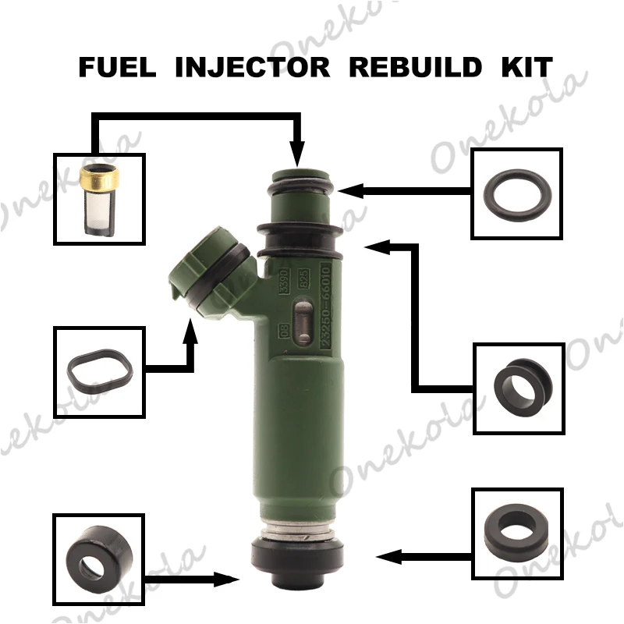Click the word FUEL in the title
coord(113,68)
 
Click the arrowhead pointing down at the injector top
coord(296,154)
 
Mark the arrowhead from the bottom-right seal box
coord(385,557)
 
